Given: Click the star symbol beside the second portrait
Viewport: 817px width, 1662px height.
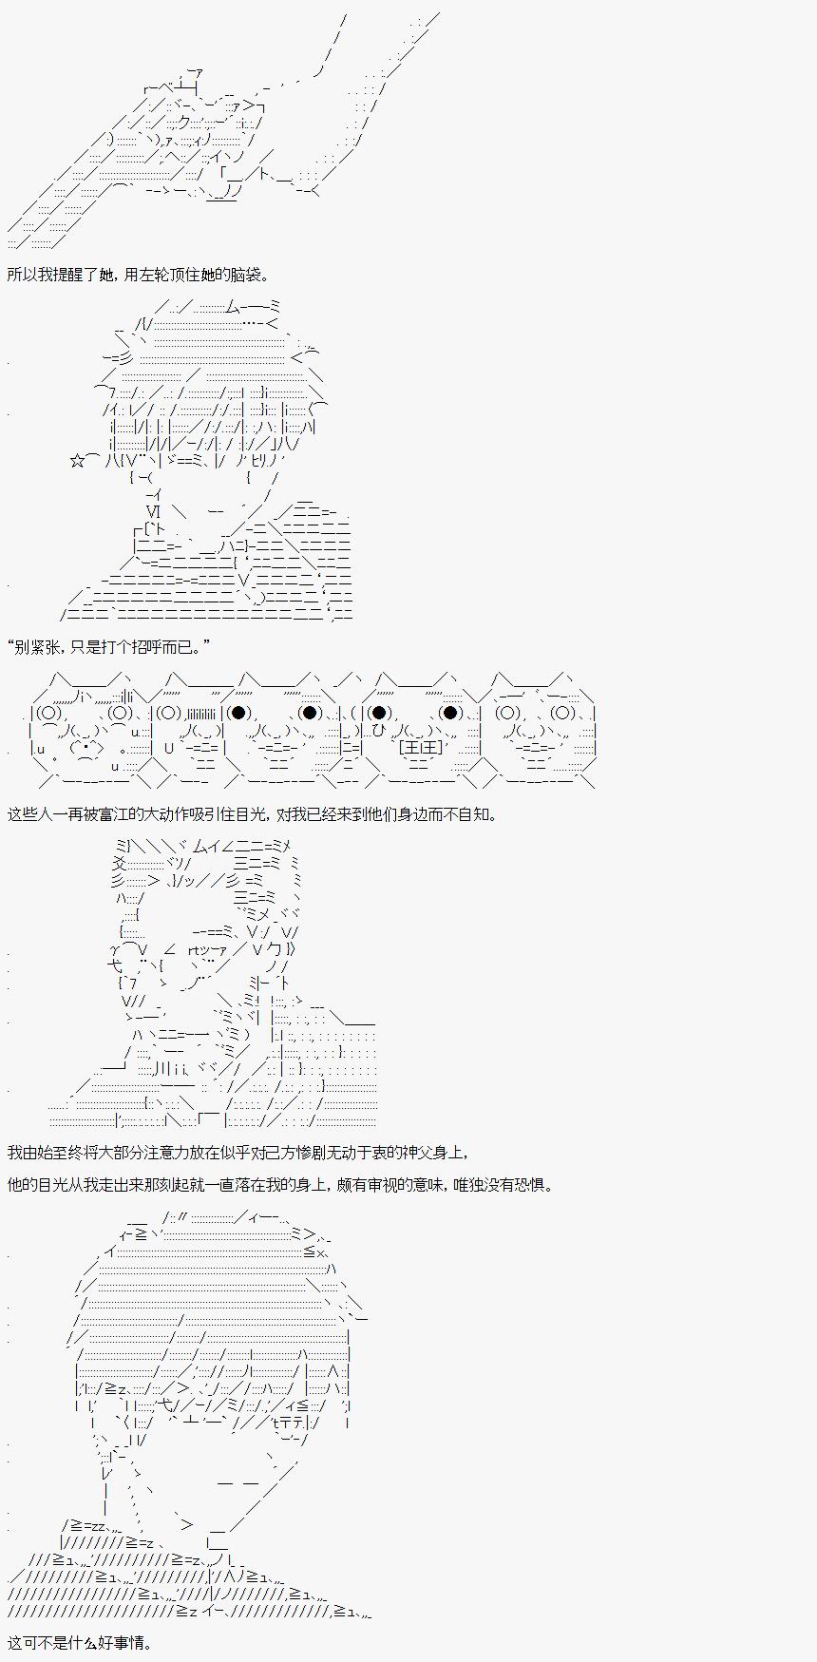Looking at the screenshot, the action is (77, 461).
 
